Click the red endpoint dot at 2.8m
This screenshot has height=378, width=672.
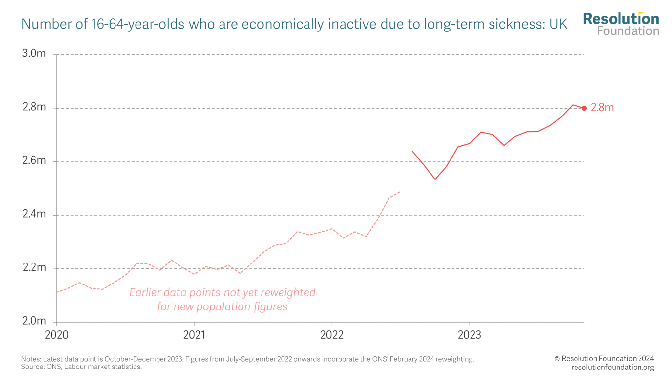584,108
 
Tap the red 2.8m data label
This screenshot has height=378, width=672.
602,108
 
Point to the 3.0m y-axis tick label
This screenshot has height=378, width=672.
34,53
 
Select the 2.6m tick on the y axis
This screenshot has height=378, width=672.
34,160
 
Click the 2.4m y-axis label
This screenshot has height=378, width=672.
34,214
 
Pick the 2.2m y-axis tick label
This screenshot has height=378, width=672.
34,267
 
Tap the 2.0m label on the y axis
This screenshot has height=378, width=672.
34,321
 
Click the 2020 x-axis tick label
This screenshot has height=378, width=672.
56,335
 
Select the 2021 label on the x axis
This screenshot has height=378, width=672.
194,335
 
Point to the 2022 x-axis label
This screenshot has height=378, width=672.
332,335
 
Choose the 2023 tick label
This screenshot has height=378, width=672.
469,335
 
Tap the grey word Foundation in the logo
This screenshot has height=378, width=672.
628,31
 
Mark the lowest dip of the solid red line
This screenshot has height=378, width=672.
435,179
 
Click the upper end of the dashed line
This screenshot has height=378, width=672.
400,192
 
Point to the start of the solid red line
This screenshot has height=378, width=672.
412,151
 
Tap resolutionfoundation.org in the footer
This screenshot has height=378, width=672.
613,367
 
